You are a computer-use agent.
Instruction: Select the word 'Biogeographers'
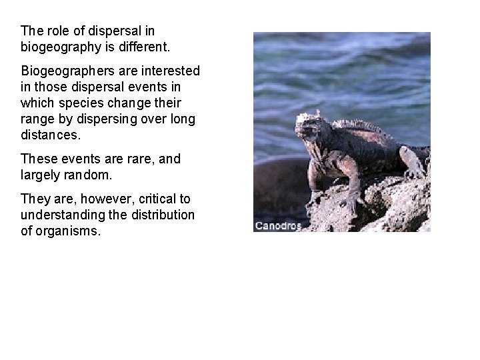point(67,70)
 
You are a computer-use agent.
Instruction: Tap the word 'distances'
point(49,135)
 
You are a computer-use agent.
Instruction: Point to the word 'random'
point(91,175)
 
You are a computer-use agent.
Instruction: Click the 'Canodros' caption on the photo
point(278,226)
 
